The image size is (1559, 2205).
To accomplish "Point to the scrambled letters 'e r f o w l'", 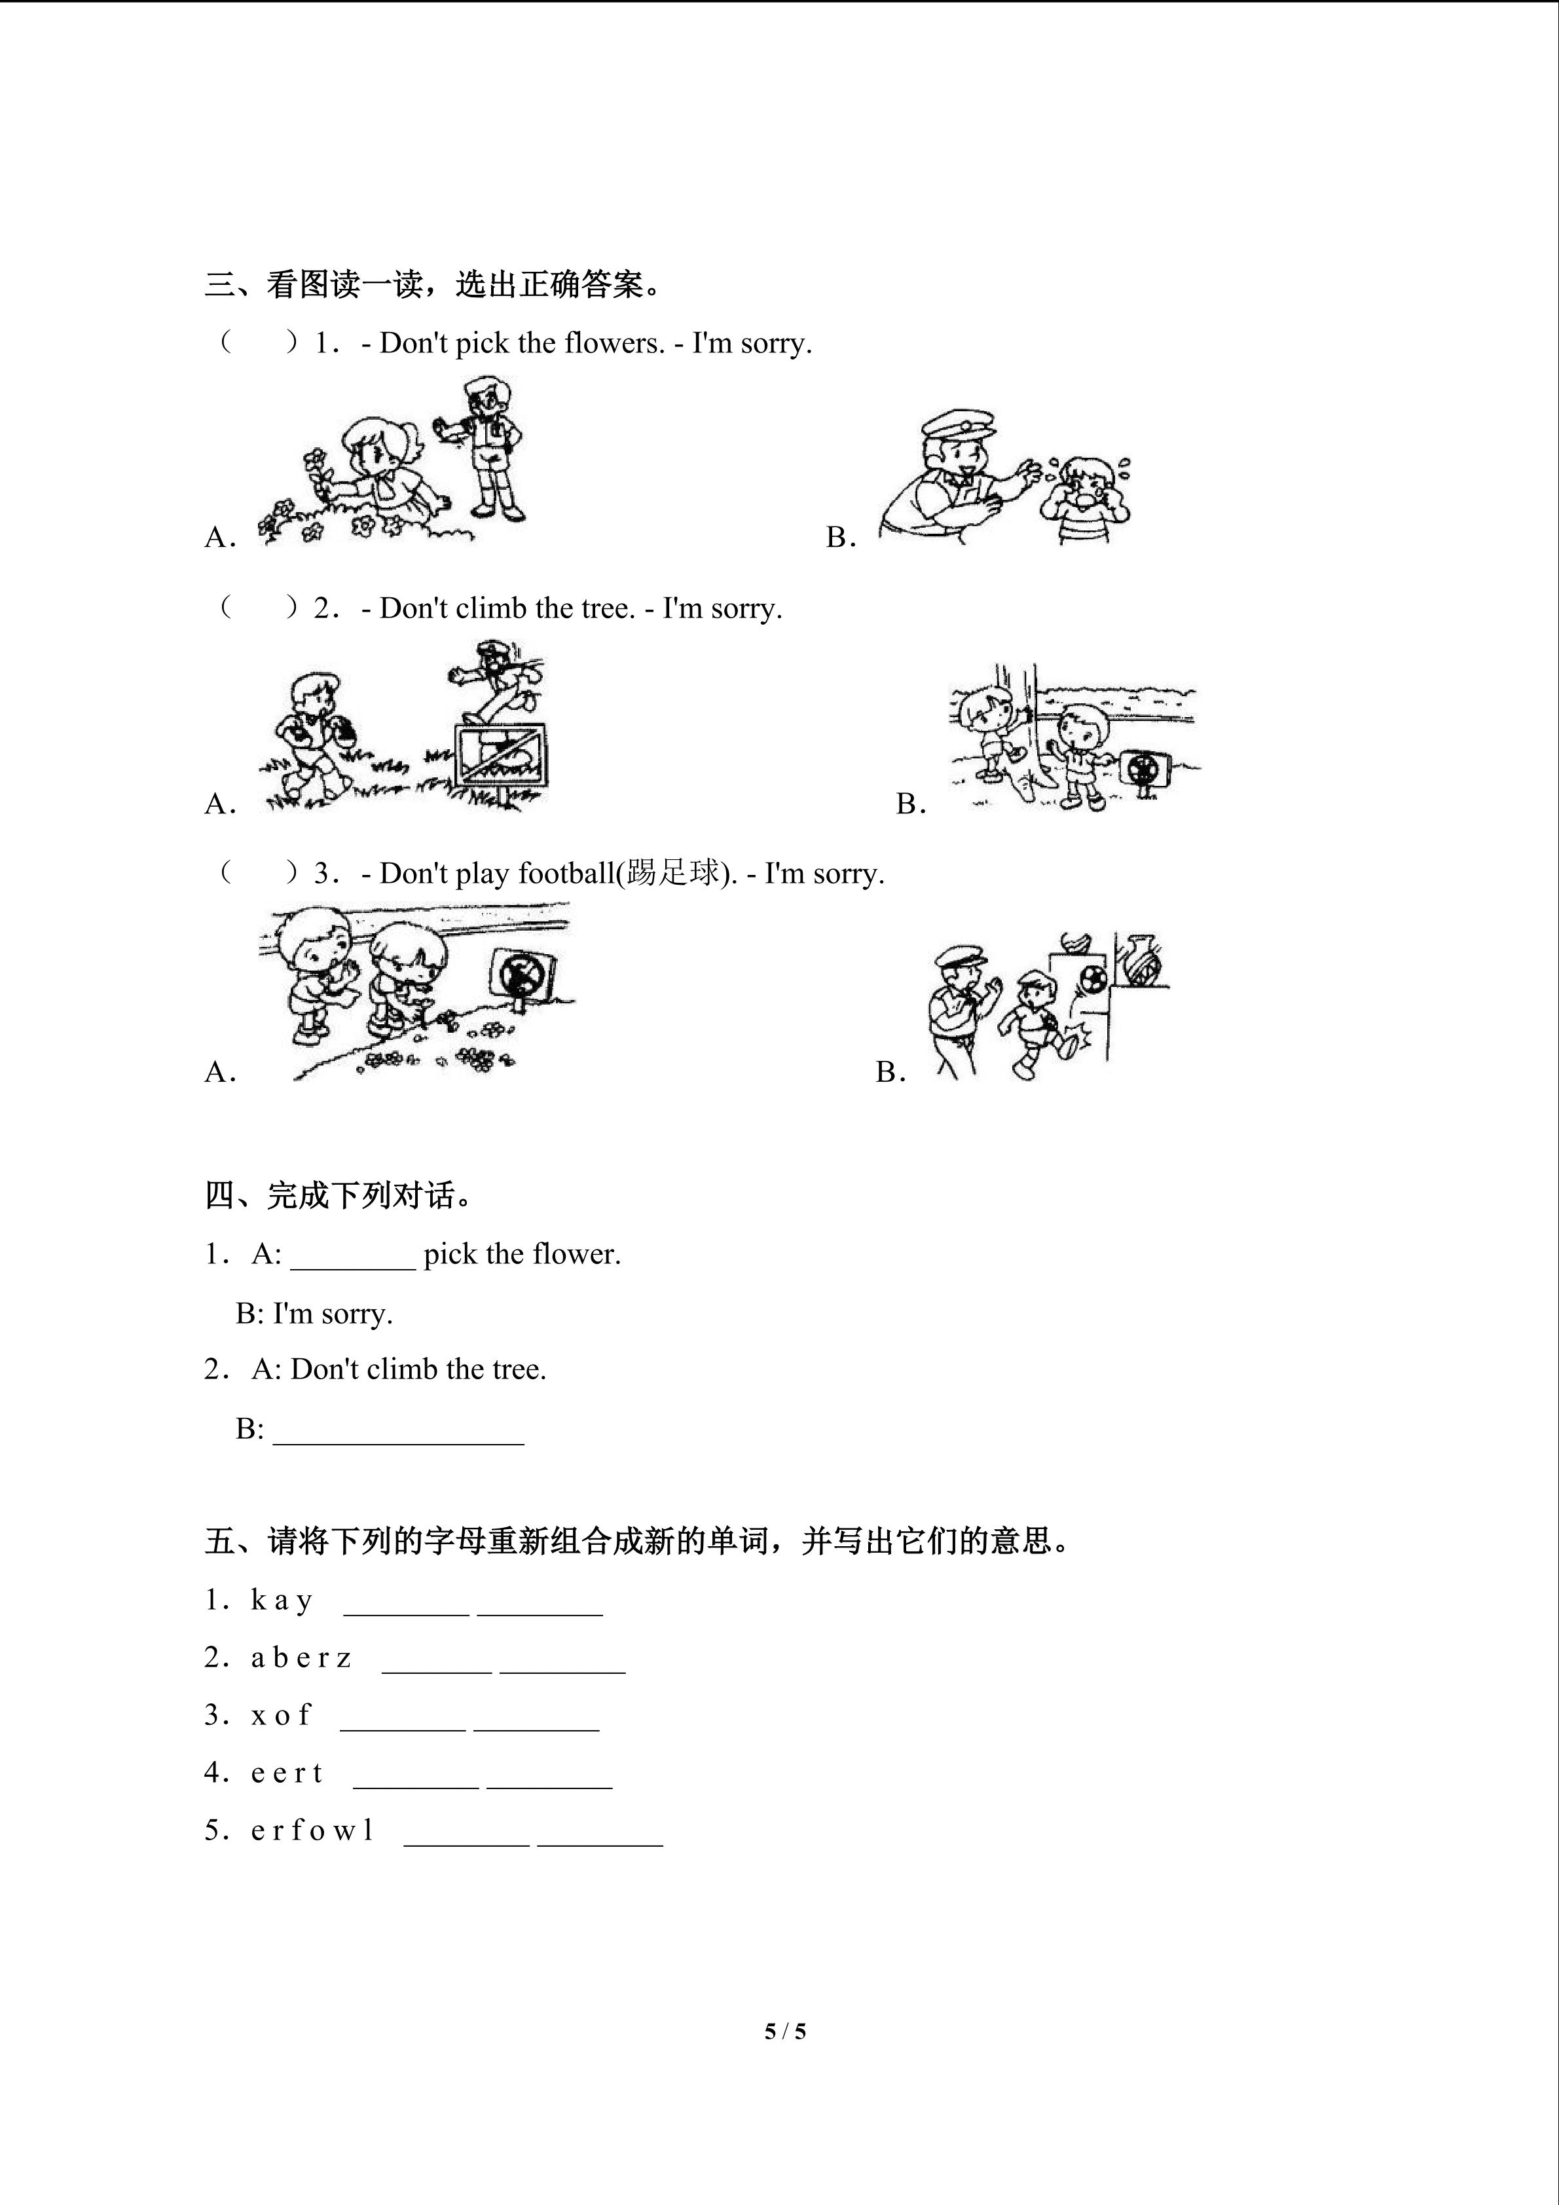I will coord(312,1830).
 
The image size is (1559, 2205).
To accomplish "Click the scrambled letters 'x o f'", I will coord(282,1715).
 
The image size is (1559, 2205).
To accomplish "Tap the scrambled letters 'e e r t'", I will coord(287,1773).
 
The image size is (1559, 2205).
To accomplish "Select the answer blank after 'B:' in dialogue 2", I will coord(398,1431).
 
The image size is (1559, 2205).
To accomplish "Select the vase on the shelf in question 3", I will coord(1143,960).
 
